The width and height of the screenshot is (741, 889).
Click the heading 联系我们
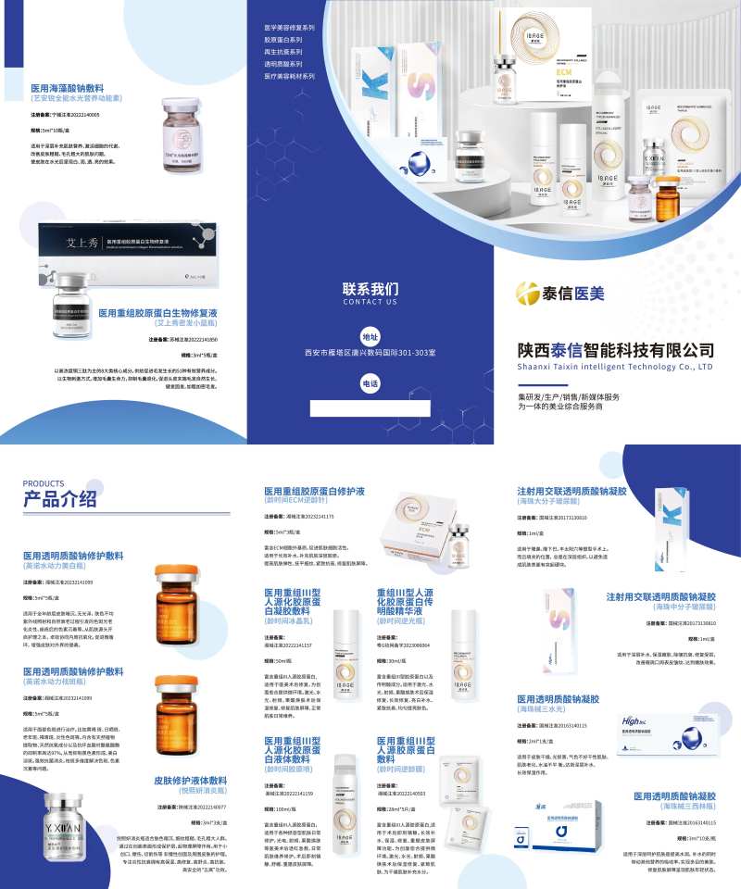[370, 288]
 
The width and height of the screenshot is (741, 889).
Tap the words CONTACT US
[370, 302]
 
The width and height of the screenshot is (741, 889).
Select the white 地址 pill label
[370, 337]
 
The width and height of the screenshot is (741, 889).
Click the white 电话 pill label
[370, 382]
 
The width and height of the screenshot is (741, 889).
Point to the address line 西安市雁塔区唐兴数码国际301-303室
[370, 353]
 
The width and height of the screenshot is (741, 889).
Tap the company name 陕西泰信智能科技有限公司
[616, 350]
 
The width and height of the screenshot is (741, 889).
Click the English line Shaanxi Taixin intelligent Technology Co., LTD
[616, 367]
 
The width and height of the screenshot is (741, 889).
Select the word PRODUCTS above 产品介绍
[44, 483]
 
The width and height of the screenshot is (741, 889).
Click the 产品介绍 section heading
[60, 500]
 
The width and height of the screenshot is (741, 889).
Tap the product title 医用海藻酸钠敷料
[77, 87]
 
